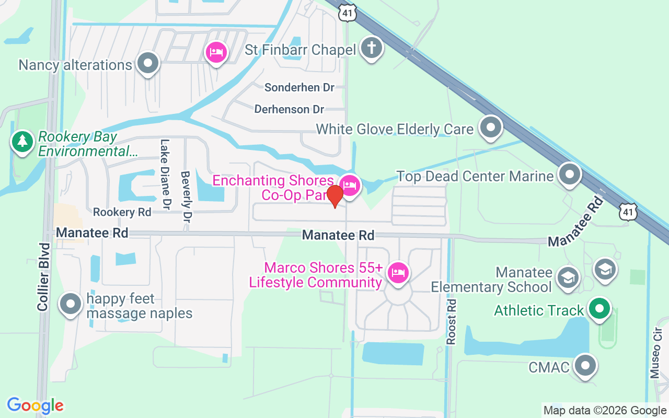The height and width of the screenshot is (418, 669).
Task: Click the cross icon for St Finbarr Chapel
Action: pos(371,48)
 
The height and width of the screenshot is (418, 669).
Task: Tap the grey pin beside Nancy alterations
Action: pos(148,63)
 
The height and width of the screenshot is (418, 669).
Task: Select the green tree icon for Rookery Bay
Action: pos(22,141)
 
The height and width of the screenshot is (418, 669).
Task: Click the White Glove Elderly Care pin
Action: pos(490,127)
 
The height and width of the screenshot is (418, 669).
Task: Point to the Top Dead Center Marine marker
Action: pos(570,174)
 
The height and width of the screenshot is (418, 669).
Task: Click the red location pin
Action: pos(334,196)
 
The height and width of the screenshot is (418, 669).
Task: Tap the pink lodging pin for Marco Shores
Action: pos(398,273)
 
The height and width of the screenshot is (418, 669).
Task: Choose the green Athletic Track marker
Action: pos(599,308)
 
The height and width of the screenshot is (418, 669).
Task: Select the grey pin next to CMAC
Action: pos(585,366)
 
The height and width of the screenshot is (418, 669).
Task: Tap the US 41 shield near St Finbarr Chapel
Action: pos(347,14)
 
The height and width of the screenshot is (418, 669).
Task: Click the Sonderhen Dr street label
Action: pos(299,87)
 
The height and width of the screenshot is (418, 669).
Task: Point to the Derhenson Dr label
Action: pos(289,109)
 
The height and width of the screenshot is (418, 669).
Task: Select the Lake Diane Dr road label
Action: pos(166,172)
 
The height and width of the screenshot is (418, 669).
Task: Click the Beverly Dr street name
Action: pos(186,196)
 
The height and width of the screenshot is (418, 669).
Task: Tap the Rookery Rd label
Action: pos(122,212)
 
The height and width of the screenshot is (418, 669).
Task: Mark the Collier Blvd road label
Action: pos(43,277)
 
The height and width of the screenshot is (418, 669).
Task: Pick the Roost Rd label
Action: pos(451,321)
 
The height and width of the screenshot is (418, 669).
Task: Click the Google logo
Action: pos(36,405)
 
